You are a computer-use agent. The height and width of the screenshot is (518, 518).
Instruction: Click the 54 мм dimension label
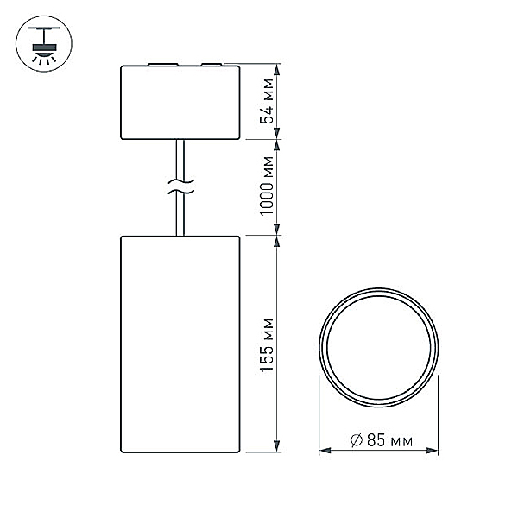267,101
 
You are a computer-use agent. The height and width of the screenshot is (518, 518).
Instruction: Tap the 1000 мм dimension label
267,186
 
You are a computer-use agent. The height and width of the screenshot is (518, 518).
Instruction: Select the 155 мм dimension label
267,345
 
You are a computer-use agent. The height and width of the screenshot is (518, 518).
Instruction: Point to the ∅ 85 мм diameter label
382,440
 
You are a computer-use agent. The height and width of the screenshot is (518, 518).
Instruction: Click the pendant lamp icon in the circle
44,44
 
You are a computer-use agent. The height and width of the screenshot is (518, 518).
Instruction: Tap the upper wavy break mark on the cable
180,181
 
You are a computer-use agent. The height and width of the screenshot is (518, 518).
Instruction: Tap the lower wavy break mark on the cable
180,191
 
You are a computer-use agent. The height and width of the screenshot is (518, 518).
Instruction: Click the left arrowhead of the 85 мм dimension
325,451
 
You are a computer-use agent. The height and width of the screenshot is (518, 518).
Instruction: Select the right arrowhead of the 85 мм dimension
433,451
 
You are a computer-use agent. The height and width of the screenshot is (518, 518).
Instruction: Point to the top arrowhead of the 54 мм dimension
277,69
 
